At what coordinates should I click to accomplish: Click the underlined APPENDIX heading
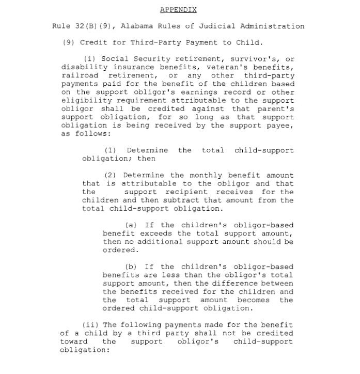tap(178, 10)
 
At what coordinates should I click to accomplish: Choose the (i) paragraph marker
tap(89, 59)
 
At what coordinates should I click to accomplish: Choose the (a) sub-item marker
tap(132, 225)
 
